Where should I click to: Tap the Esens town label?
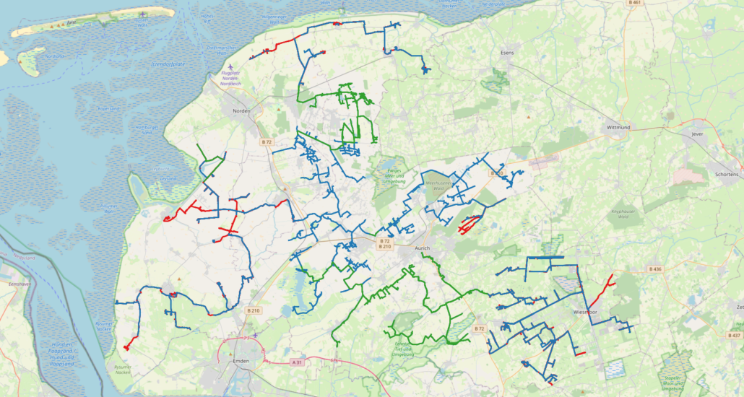[507, 53]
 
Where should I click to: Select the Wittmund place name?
[618, 128]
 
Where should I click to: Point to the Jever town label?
[696, 134]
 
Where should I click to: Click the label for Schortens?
[725, 175]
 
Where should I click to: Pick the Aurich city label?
[422, 248]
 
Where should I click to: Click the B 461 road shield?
[635, 3]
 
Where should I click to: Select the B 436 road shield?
[655, 269]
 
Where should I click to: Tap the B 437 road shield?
[734, 336]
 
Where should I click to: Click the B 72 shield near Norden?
[267, 141]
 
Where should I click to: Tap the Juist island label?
[70, 22]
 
